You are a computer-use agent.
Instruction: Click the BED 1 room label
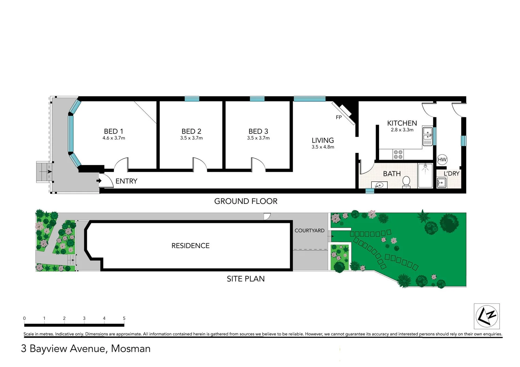point(114,131)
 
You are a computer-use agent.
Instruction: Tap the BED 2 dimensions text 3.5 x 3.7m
point(191,138)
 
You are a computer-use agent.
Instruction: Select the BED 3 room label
point(258,131)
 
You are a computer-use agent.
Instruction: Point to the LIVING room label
point(323,140)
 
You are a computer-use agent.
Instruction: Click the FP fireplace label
point(339,117)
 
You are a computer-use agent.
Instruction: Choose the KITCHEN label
point(402,123)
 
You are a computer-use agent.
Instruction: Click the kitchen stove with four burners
point(398,155)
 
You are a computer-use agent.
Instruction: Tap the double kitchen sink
point(427,136)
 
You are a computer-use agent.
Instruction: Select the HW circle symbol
point(442,160)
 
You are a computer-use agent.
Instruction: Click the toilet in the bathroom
point(406,182)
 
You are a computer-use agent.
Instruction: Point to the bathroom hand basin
point(379,185)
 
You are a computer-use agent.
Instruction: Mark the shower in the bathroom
point(425,175)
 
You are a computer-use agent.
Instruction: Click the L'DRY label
point(451,173)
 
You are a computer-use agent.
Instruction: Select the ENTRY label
point(126,181)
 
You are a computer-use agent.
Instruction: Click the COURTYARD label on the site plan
point(309,230)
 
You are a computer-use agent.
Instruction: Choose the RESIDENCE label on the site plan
point(190,246)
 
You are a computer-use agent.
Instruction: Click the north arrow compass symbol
point(487,316)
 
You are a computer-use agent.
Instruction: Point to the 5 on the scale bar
point(124,318)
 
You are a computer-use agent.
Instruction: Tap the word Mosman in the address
point(131,349)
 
